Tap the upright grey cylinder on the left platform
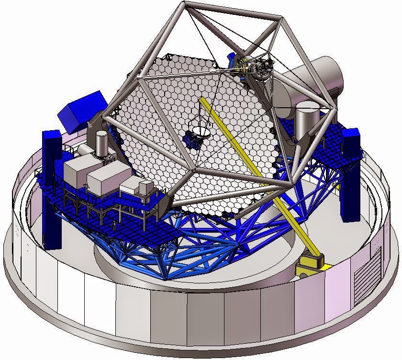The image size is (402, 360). tap(101, 143)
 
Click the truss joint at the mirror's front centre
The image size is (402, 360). tap(193, 169)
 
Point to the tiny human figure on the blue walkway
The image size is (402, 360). tap(114, 224)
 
